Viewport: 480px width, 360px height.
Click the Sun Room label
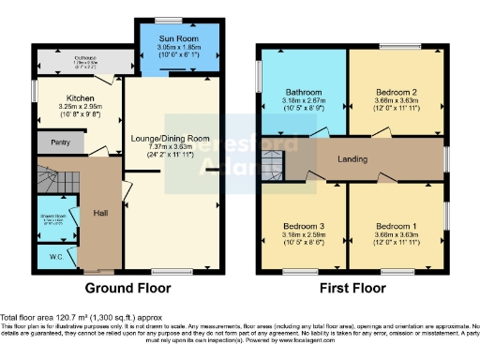180,37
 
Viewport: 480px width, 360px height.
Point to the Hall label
100,213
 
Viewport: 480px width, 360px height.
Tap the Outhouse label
85,58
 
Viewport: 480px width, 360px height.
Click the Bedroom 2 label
394,92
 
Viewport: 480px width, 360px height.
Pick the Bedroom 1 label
394,226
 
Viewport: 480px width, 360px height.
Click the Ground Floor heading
127,287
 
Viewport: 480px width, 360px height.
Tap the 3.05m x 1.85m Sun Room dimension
180,45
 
